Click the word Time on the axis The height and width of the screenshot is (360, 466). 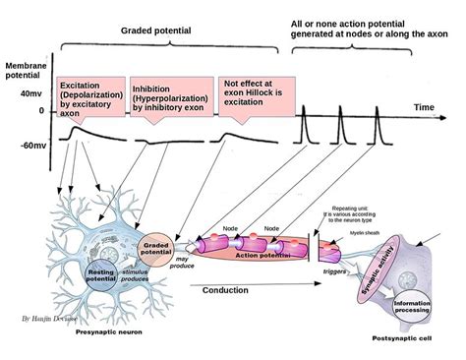pyautogui.click(x=423, y=104)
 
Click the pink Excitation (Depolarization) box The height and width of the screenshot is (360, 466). pyautogui.click(x=91, y=97)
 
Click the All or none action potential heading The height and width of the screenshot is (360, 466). pyautogui.click(x=369, y=28)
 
